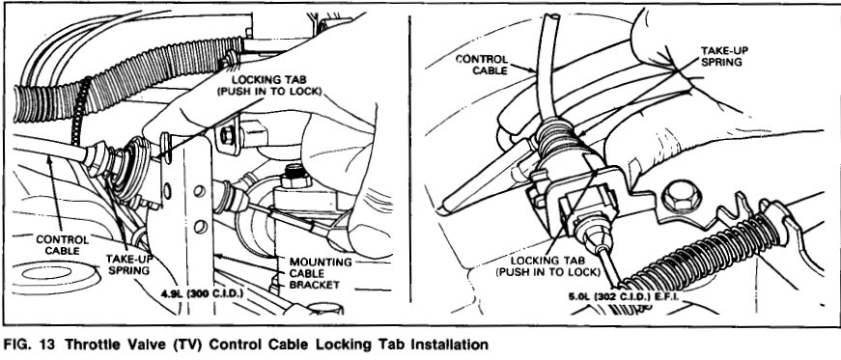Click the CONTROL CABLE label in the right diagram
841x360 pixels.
[481, 65]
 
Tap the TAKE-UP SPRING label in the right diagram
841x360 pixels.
[723, 56]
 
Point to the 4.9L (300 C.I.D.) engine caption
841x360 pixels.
[202, 293]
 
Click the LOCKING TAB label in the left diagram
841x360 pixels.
[268, 85]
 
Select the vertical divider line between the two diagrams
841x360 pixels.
[409, 160]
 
